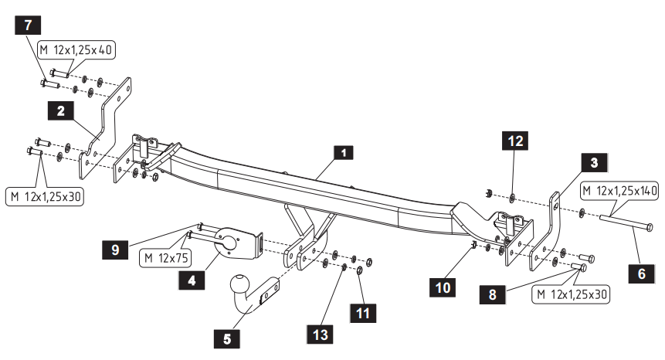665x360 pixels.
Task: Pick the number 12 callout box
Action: (x=515, y=142)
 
